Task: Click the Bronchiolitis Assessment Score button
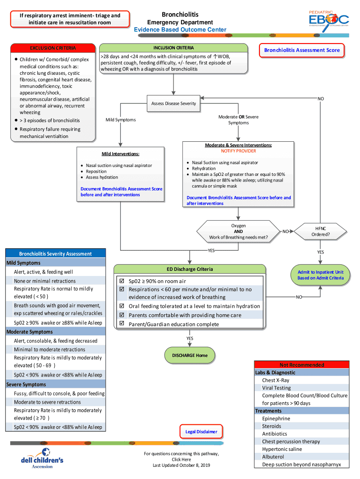tap(302, 51)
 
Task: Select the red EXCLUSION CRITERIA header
tap(53, 48)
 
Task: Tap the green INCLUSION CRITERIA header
tap(173, 48)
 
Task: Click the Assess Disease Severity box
tap(173, 103)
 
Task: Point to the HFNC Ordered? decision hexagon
tap(320, 231)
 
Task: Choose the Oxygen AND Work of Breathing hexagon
tap(238, 231)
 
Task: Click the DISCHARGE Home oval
tap(189, 356)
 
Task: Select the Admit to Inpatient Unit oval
tap(320, 275)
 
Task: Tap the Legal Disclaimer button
tap(201, 431)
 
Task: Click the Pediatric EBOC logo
tap(328, 20)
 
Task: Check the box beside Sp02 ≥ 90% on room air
tap(122, 281)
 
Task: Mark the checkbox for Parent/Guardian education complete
tap(122, 324)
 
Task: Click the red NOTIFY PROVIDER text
tap(238, 151)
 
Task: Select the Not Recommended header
tap(302, 365)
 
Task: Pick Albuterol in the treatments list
tap(273, 457)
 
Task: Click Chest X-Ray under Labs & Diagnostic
tap(275, 380)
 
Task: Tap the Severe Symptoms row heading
tap(26, 385)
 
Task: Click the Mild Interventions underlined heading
tap(121, 154)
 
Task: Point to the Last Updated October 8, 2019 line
tap(181, 465)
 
